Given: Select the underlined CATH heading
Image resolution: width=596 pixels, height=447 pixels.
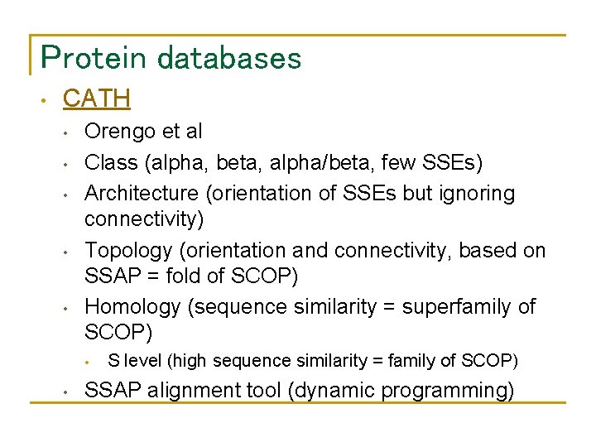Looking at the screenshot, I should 97,99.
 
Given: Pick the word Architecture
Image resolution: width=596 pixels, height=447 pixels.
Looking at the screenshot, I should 142,194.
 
